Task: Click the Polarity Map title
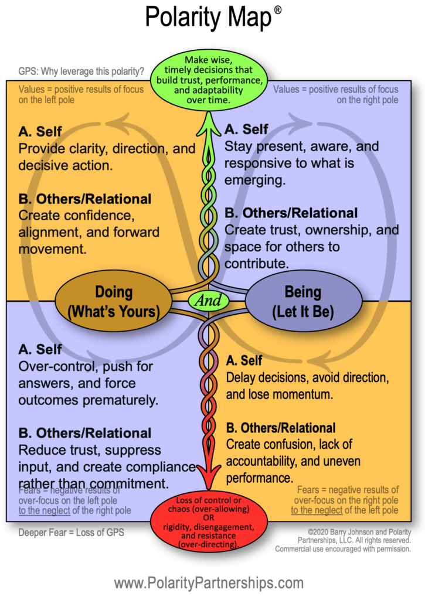[x=208, y=19]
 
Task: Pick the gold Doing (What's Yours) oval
[x=114, y=301]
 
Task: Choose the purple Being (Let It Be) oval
[x=302, y=301]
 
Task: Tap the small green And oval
[x=209, y=301]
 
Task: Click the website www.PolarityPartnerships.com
[x=209, y=583]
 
